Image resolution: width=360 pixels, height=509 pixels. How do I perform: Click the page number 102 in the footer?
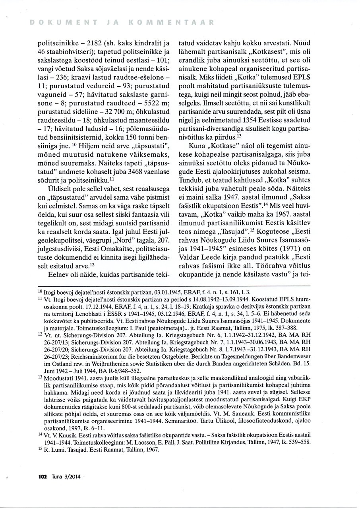tap(43, 477)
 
